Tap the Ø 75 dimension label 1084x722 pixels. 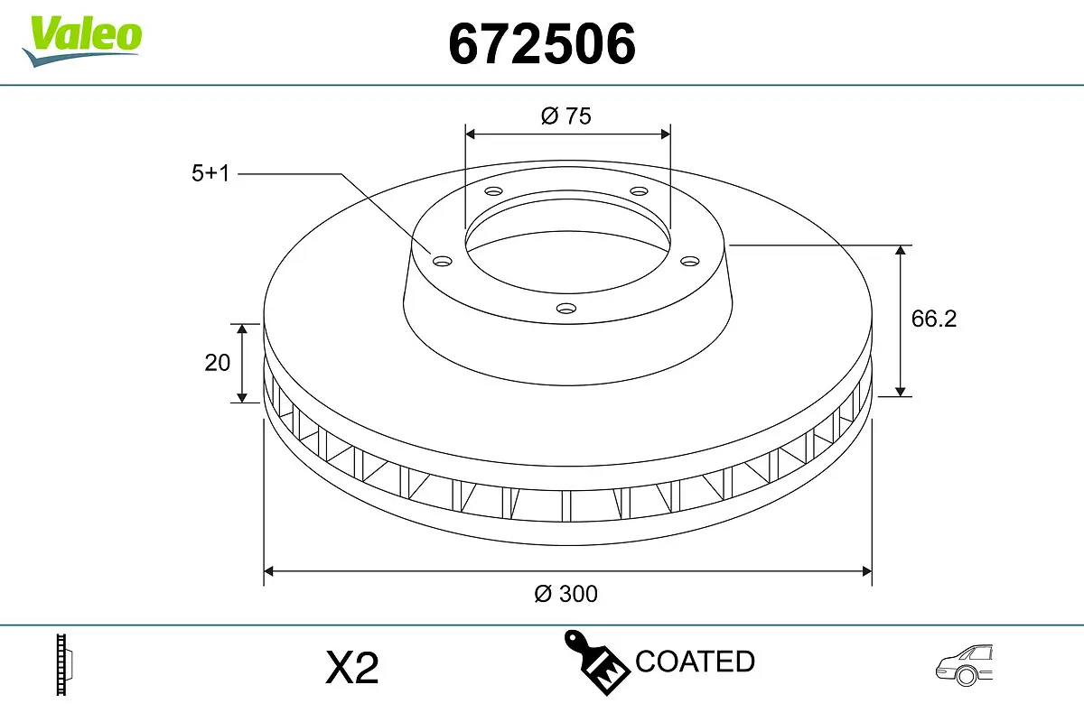566,116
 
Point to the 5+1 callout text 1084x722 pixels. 210,173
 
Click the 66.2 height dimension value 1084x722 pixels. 933,319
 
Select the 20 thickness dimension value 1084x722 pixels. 217,363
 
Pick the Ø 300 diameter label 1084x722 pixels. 566,594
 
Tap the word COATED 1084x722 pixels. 695,662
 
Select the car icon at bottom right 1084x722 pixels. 965,665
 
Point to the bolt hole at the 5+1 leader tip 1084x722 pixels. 442,262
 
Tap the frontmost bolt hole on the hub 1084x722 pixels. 566,309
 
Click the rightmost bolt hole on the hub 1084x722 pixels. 690,261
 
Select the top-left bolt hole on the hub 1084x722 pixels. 493,191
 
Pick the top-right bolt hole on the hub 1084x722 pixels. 640,191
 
